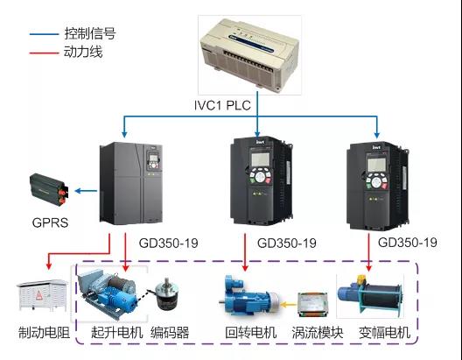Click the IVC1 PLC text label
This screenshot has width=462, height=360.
coord(222,105)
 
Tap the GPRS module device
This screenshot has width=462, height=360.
coord(49,189)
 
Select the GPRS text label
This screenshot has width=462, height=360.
coord(50,222)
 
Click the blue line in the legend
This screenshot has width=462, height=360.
coord(45,34)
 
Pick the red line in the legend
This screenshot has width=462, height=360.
coord(45,53)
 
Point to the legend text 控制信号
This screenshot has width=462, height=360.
coord(90,33)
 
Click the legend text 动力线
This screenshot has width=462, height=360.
coord(83,52)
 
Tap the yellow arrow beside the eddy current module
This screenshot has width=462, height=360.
coord(288,304)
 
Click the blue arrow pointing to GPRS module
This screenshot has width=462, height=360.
coord(86,191)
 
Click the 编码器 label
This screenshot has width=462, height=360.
coord(170,333)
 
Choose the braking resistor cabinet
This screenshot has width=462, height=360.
coord(42,295)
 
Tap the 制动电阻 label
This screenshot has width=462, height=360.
coord(45,333)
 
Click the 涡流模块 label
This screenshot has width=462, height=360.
coord(318,333)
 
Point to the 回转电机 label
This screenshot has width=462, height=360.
coord(251,333)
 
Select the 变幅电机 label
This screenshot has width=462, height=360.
coord(385,333)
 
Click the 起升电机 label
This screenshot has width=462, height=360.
coord(117,333)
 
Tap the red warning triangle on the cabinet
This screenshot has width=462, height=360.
coord(39,294)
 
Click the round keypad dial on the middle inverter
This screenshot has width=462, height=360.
coord(260,177)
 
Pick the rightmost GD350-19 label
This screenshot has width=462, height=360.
coord(408,243)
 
